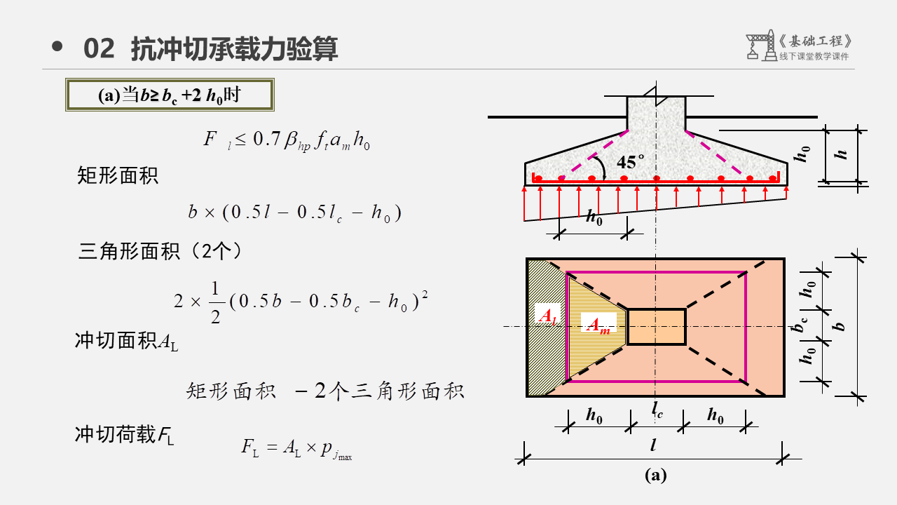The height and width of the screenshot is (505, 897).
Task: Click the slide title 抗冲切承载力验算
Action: [235, 49]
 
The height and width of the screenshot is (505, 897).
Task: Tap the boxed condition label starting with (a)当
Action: [169, 95]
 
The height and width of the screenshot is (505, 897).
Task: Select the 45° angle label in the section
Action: [630, 162]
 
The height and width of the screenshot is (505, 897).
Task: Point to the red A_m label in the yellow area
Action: [597, 325]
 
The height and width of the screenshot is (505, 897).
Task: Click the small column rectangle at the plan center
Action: [656, 327]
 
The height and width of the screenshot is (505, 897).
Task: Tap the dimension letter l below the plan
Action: [653, 445]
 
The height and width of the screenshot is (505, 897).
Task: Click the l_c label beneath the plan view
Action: [657, 410]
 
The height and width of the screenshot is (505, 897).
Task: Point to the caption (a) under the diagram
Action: [655, 476]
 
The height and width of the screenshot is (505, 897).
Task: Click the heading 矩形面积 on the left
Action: [118, 175]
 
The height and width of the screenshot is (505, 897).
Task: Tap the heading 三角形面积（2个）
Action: [160, 250]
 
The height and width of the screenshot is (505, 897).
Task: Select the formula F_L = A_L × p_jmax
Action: [296, 447]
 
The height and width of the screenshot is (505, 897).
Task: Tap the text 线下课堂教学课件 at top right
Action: [814, 57]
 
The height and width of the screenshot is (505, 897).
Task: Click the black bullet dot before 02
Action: [57, 47]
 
